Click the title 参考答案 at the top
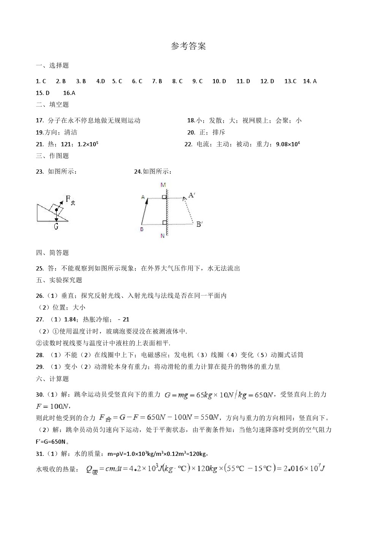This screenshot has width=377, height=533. click(188, 46)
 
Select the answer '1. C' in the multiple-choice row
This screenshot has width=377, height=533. click(41, 81)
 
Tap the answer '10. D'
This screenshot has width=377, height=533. click(219, 81)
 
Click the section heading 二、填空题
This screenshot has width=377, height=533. click(52, 105)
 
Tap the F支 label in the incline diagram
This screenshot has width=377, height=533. click(70, 200)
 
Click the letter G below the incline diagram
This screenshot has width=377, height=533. click(56, 226)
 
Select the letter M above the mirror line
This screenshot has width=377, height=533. click(163, 185)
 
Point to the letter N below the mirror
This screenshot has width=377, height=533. click(162, 236)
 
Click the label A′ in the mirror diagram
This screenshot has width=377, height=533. click(192, 195)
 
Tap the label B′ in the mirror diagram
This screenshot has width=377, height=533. click(199, 224)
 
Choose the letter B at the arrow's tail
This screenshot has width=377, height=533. click(142, 229)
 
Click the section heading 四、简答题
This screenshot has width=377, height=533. click(52, 253)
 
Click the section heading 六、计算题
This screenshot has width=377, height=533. click(52, 379)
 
